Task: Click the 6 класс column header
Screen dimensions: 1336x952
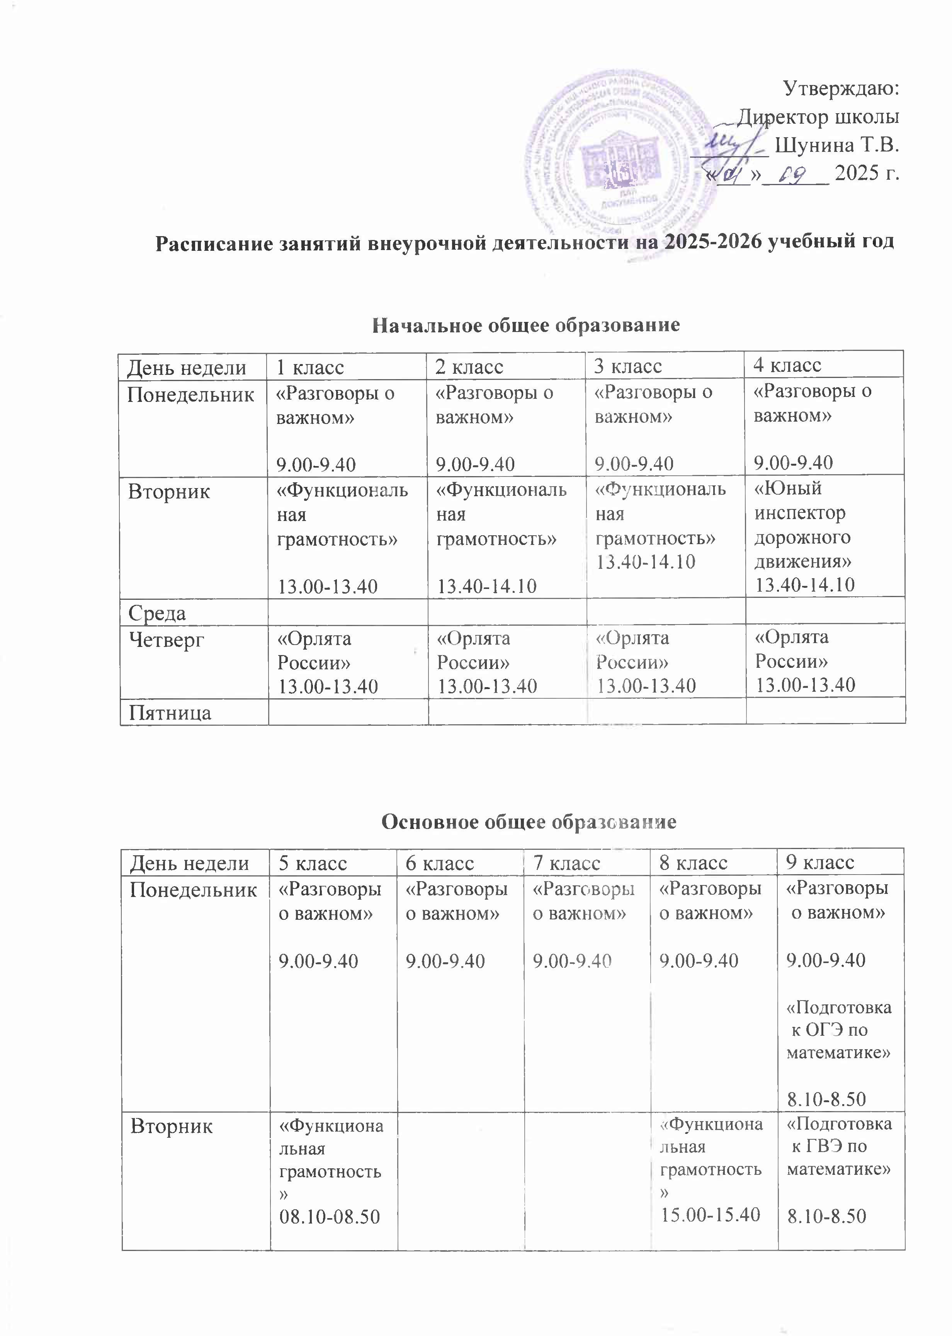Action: (440, 863)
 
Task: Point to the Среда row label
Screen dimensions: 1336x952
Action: (157, 613)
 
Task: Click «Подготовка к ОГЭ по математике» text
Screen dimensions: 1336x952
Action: (838, 1030)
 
